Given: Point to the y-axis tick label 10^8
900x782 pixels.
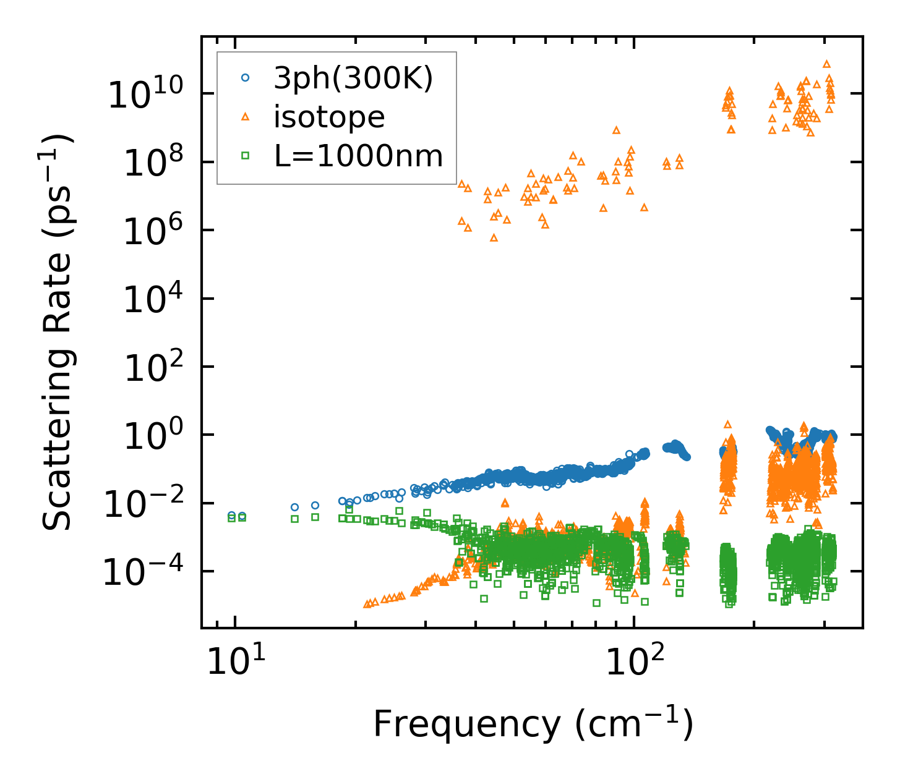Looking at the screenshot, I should coord(160,163).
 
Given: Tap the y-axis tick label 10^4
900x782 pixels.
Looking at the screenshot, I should coord(160,300).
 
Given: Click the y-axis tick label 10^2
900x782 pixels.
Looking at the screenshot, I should coord(160,368).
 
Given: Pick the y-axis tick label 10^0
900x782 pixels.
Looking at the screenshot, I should coord(160,436).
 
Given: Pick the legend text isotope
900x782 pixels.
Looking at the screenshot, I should coord(329,117).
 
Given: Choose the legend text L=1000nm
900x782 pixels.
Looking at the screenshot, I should coord(359,156).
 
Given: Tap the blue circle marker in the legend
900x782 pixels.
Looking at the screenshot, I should coord(246,78).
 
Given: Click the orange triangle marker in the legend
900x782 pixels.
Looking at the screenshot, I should coord(246,117).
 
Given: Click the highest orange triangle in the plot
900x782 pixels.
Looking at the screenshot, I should coord(826,64).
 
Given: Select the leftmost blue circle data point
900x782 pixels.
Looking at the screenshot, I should coord(232,516).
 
